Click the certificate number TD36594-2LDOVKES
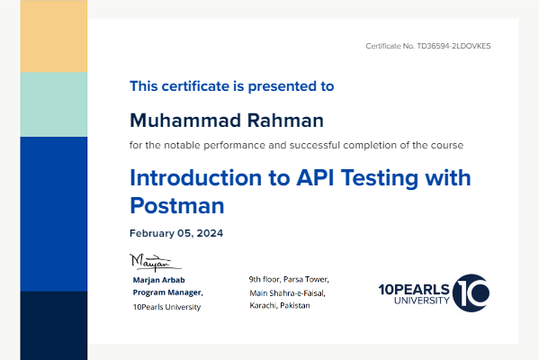(x=454, y=46)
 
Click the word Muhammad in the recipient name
(x=185, y=121)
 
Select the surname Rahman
(x=285, y=121)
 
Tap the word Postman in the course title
(x=177, y=205)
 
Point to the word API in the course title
(x=315, y=178)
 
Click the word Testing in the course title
(x=380, y=179)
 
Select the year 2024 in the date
(x=210, y=233)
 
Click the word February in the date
(x=152, y=233)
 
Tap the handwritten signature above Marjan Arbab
(x=156, y=262)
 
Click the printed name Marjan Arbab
(x=158, y=280)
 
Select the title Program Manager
(x=167, y=292)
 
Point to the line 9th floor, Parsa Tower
(x=289, y=279)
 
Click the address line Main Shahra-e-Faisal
(x=287, y=293)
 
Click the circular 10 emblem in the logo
(x=471, y=293)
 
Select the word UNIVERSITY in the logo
(x=421, y=301)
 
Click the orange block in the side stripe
(x=54, y=36)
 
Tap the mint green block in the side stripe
(x=54, y=104)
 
